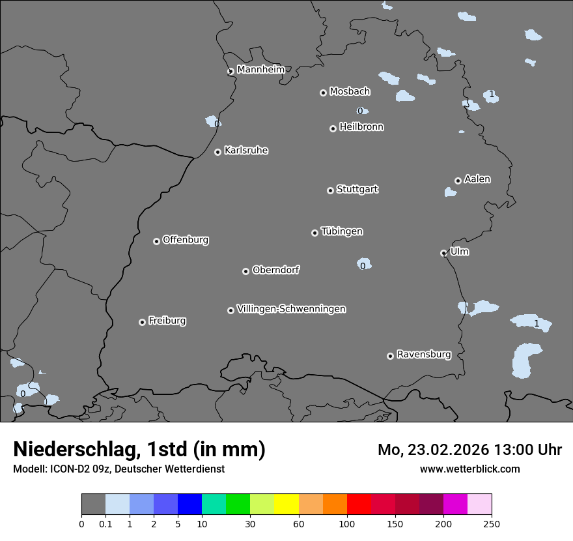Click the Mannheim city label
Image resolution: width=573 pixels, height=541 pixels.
point(260,69)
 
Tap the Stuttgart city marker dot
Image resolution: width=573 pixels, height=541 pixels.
point(330,190)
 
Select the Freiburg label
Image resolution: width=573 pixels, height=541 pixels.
point(167,321)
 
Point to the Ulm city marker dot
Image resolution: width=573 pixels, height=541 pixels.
point(443,253)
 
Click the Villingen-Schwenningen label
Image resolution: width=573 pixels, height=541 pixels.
point(291,309)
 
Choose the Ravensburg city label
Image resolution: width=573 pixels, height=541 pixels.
point(424,355)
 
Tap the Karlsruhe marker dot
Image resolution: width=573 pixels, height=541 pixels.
point(217,152)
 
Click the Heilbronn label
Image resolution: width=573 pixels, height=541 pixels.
point(361,127)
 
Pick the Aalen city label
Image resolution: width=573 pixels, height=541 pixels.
point(477,179)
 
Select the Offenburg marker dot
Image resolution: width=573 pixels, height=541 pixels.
point(156,241)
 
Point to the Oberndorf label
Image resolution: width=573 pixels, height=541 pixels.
point(275,270)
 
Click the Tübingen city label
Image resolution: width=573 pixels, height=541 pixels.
point(342,231)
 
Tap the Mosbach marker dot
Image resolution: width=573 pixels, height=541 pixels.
point(323,93)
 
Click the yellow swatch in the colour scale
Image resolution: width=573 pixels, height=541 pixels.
point(286,504)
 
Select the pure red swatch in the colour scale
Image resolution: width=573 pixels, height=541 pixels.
point(359,504)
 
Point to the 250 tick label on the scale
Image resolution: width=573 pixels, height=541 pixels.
point(492,523)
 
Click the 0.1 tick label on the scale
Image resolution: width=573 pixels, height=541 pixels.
point(105,523)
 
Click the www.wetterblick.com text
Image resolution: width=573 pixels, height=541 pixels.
point(469,469)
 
